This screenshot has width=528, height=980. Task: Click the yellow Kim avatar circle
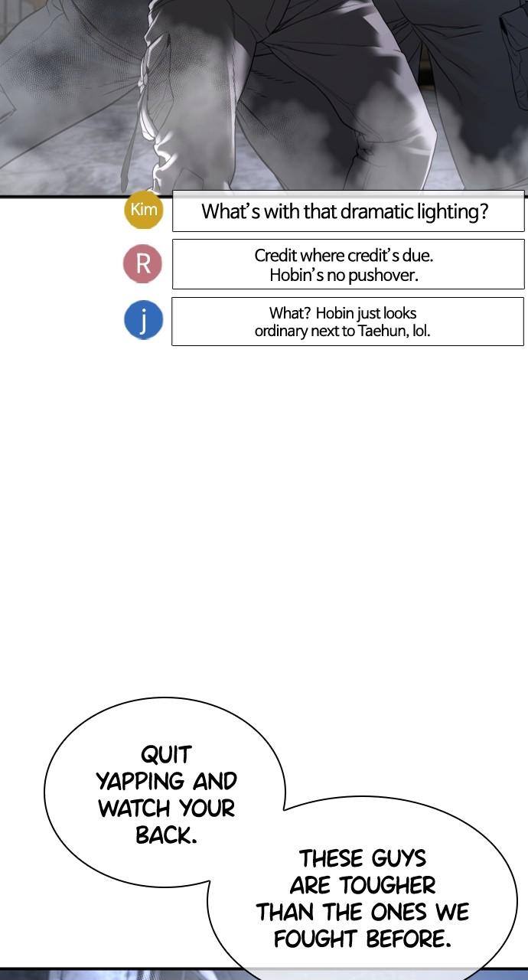(144, 210)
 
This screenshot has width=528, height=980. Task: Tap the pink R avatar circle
(143, 263)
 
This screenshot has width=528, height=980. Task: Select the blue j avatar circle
(143, 320)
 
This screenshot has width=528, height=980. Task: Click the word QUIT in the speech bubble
(166, 755)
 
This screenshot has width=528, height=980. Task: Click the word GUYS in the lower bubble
(396, 858)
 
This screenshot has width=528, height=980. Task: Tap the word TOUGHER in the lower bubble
(388, 886)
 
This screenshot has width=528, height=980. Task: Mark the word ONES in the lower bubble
(398, 913)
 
